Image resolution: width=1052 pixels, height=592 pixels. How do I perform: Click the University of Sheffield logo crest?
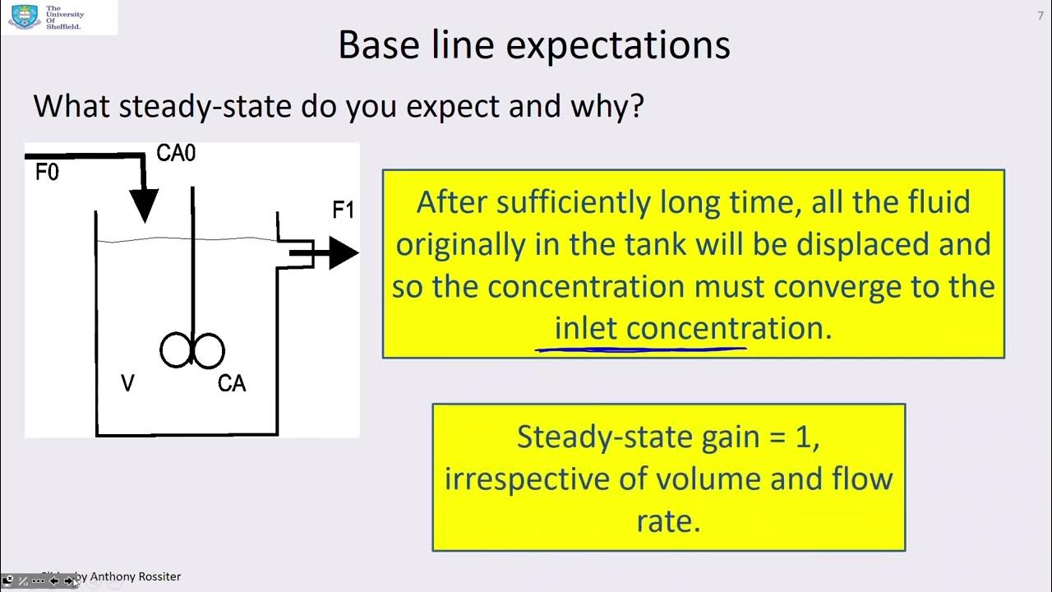click(x=25, y=16)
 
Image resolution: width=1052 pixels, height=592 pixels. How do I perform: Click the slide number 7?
click(x=1040, y=16)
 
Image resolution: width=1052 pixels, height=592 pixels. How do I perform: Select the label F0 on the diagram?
click(x=47, y=173)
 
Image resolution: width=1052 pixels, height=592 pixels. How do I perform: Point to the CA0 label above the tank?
click(x=176, y=154)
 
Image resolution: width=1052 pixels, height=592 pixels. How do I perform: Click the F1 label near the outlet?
click(x=343, y=210)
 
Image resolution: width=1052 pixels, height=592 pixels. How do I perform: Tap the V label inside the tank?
click(x=127, y=384)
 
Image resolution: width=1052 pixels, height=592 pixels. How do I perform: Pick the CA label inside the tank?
click(x=232, y=384)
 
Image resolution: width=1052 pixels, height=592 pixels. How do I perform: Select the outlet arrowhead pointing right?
click(x=343, y=253)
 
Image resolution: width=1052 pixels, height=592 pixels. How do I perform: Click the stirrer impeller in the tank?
click(x=192, y=350)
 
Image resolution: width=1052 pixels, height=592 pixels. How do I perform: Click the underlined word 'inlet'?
click(x=586, y=329)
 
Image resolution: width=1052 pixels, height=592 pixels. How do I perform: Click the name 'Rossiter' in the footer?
click(x=155, y=576)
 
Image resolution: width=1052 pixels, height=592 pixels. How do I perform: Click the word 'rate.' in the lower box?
click(x=668, y=521)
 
